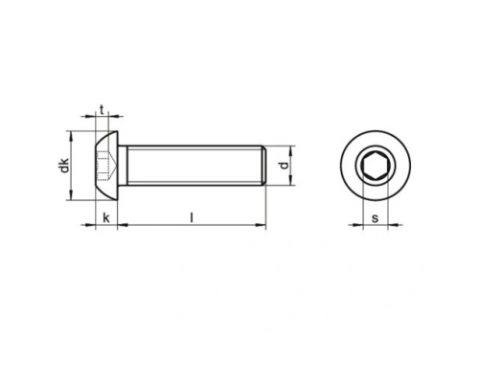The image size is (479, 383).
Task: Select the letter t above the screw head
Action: click(x=103, y=110)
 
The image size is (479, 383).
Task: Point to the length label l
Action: click(x=193, y=218)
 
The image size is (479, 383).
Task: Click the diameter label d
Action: click(x=284, y=166)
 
